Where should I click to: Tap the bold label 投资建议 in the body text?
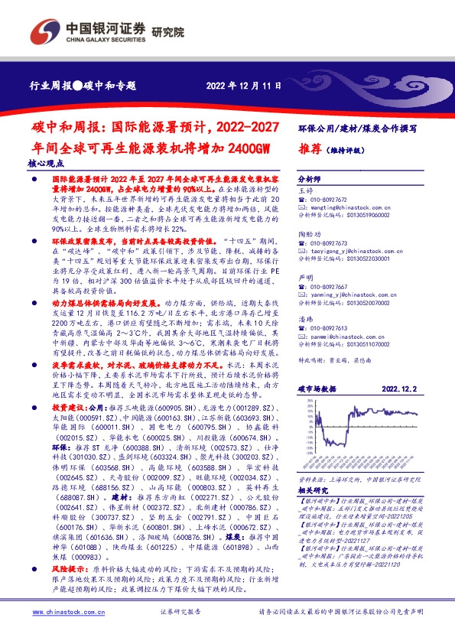67,408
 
